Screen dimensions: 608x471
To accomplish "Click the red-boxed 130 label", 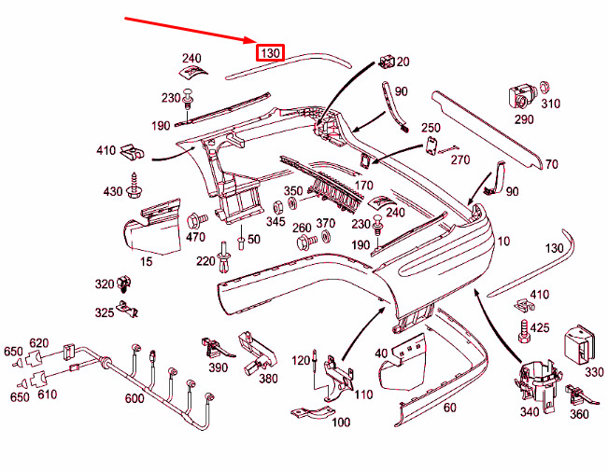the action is coord(270,52).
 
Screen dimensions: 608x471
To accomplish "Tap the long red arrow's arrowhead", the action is coord(250,39).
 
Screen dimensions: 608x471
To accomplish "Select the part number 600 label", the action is coord(134,398).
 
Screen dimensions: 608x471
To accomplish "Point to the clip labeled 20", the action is coord(386,62).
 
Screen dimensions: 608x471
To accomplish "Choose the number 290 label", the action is coord(524,119).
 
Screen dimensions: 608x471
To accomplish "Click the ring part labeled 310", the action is coord(544,87).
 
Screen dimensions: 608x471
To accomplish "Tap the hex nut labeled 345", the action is coord(279,207).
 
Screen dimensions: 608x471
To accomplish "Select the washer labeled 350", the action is coord(292,203).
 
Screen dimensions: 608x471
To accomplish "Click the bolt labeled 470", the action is coord(197,221).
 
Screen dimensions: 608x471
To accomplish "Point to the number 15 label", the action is coord(146,261).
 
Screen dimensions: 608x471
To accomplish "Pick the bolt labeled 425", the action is coord(523,331).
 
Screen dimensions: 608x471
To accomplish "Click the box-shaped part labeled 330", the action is coord(579,345).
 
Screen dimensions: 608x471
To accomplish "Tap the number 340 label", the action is coord(530,411).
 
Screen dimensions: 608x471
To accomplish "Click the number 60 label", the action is coord(450,407).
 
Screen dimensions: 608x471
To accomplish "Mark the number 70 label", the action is coord(551,164).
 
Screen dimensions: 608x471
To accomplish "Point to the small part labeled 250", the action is coord(431,145).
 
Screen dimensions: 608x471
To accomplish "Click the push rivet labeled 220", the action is coord(224,256).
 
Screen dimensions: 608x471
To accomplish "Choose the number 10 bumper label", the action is coord(502,242).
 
